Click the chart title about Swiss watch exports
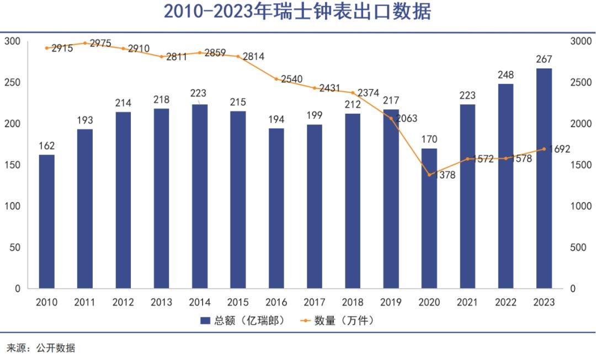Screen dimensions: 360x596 coord(297,12)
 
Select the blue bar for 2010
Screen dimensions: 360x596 coord(47,221)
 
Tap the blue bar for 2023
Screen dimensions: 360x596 coord(544,178)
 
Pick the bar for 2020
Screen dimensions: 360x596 coord(429,218)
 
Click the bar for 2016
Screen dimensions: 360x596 coord(276,208)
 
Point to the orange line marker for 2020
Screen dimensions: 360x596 coord(429,175)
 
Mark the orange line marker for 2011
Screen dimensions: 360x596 coord(85,43)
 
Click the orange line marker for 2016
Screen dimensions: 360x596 coord(276,79)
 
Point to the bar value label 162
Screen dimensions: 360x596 coord(47,146)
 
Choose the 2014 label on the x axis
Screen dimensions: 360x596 coord(200,303)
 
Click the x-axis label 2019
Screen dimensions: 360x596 coord(391,303)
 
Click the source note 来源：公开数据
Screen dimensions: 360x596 coord(41,348)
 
